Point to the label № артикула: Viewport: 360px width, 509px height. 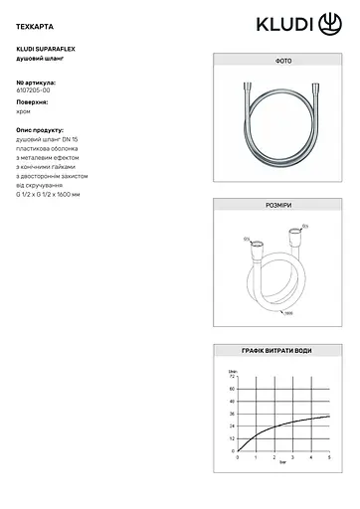pos(37,83)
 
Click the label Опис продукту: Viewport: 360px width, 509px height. pos(41,129)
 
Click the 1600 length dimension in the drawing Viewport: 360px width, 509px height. pos(288,315)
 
